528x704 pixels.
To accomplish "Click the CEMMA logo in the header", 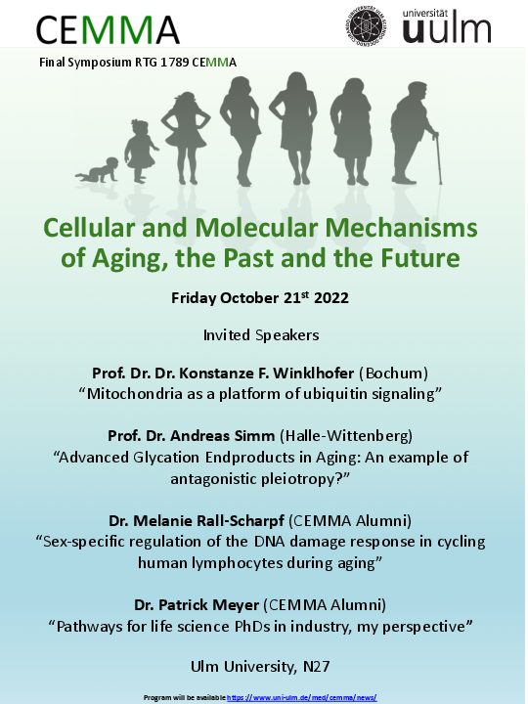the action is pyautogui.click(x=108, y=29).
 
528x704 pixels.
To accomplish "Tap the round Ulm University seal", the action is pyautogui.click(x=367, y=25).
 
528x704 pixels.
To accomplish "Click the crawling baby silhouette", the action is pyautogui.click(x=97, y=170).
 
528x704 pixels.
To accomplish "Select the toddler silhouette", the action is pyautogui.click(x=141, y=152).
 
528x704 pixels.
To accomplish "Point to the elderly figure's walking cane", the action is pyautogui.click(x=438, y=157).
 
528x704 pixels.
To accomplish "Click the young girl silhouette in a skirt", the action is pyautogui.click(x=186, y=138).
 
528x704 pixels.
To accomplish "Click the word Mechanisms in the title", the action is pyautogui.click(x=402, y=227).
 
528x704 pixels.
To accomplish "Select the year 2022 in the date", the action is pyautogui.click(x=331, y=298).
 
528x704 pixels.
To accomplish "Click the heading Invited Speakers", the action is pyautogui.click(x=261, y=335).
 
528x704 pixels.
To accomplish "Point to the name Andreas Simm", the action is pyautogui.click(x=222, y=435).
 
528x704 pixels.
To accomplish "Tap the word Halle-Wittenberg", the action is pyautogui.click(x=346, y=436).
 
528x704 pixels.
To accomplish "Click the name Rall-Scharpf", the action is pyautogui.click(x=241, y=521).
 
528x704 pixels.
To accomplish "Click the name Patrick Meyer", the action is pyautogui.click(x=208, y=605).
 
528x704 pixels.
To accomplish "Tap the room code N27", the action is pyautogui.click(x=317, y=666).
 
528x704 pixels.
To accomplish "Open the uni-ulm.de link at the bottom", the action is pyautogui.click(x=302, y=698).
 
